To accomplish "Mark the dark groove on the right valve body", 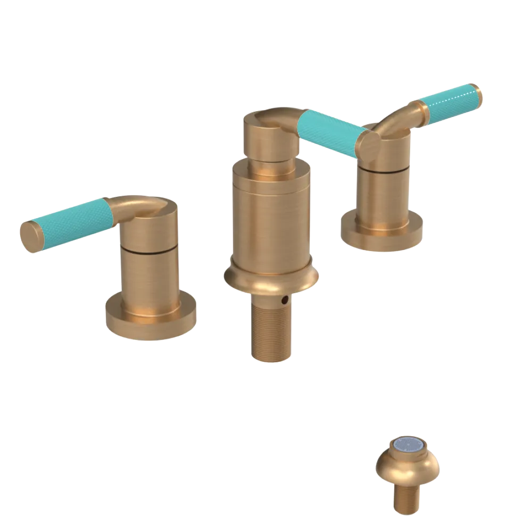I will click(383, 170).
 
